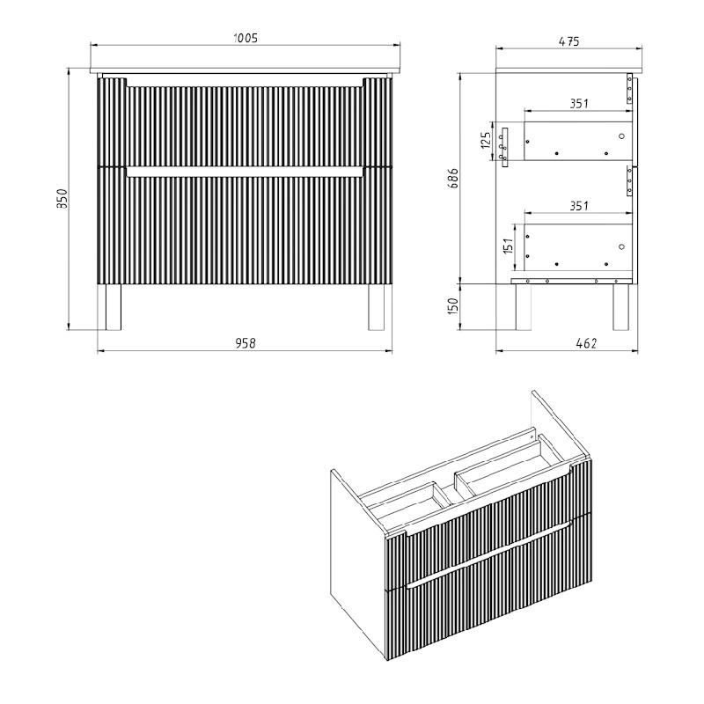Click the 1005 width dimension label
pos(246,38)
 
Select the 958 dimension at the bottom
pos(246,343)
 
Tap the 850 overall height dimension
pos(62,199)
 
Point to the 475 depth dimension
pos(569,41)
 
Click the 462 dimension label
pos(586,343)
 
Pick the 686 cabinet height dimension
pos(453,178)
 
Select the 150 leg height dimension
pos(453,306)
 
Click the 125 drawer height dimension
pos(486,141)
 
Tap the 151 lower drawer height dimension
pos(508,246)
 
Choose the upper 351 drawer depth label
pos(579,104)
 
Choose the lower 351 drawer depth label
pos(579,206)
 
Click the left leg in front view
pos(114,307)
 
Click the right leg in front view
pos(377,307)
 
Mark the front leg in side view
pos(523,307)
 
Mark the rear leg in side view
pos(621,307)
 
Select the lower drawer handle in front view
pos(246,172)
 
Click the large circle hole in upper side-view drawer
pos(621,136)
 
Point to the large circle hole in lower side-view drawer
pos(621,246)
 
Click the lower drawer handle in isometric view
pos(489,554)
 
